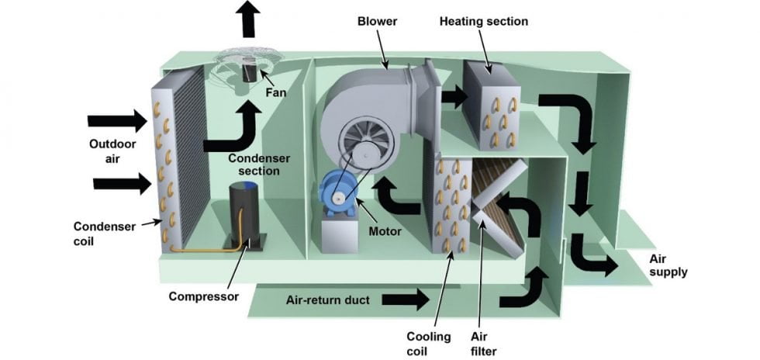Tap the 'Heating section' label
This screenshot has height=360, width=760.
point(484,21)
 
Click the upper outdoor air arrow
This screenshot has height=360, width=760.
point(117,120)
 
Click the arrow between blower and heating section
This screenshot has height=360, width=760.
point(454,97)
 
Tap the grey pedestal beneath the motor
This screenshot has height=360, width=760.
point(337,234)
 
